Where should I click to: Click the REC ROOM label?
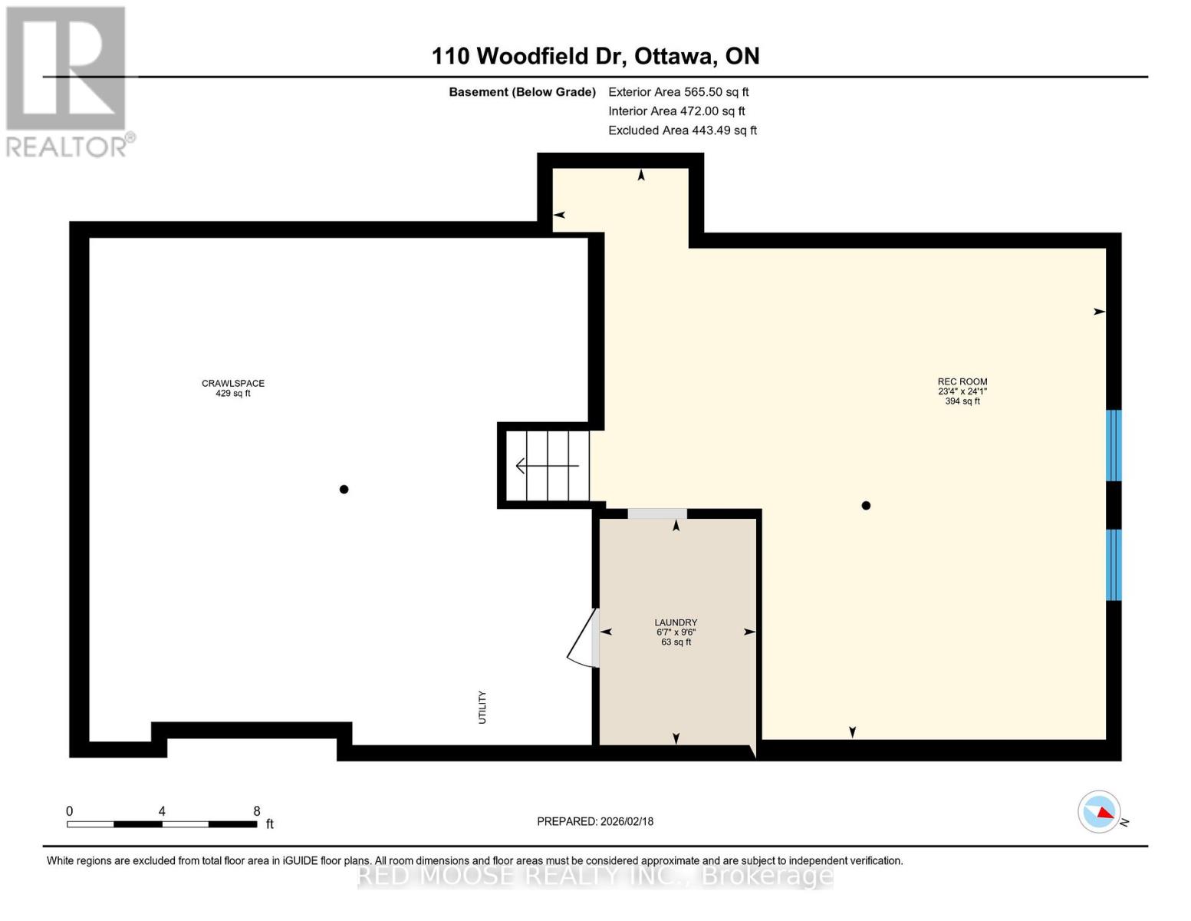tap(962, 381)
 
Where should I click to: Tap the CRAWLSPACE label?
tap(233, 383)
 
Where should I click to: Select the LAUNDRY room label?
tap(676, 622)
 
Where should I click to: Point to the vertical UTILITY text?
tap(482, 707)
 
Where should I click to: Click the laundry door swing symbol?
tap(585, 639)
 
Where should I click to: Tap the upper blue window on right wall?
tap(1114, 445)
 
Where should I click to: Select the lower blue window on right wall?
tap(1114, 564)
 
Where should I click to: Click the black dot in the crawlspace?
tap(344, 490)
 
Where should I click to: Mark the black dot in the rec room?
tap(866, 506)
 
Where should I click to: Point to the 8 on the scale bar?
tap(257, 811)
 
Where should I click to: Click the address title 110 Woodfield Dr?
tap(595, 56)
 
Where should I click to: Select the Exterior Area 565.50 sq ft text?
tap(678, 92)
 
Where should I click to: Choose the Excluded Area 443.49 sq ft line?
tap(683, 130)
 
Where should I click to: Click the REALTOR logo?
tap(67, 81)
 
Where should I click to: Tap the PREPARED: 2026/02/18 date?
tap(595, 821)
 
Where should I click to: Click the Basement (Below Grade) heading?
tap(521, 92)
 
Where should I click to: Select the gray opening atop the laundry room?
tap(657, 513)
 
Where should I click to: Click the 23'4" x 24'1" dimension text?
tap(962, 391)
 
